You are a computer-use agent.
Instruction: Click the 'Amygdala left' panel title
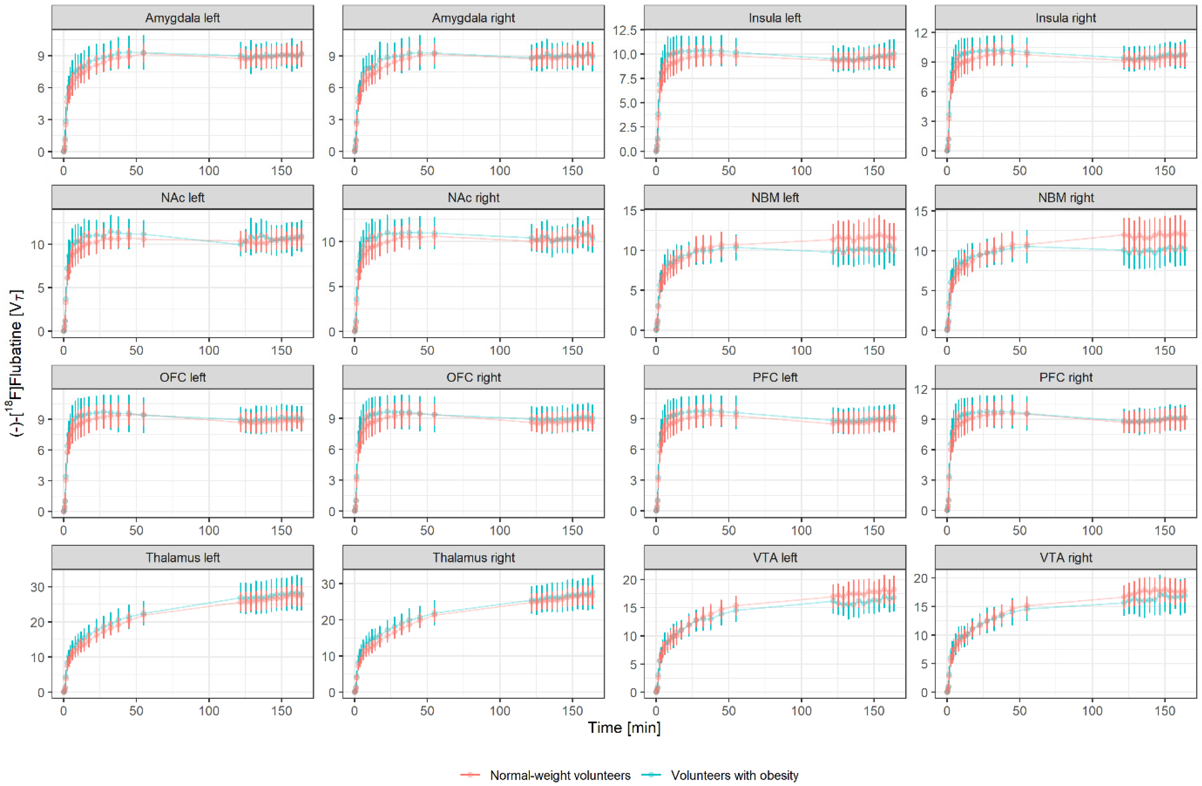(x=182, y=18)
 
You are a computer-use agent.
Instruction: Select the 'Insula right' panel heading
(x=1066, y=18)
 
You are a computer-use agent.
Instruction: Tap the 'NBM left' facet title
(x=775, y=197)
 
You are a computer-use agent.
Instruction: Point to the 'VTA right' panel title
(x=1066, y=558)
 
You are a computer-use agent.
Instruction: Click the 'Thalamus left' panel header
(x=182, y=558)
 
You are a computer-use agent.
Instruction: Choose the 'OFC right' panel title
(x=473, y=377)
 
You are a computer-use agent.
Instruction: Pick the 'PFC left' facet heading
(x=775, y=377)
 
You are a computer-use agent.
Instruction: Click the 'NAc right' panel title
(x=473, y=197)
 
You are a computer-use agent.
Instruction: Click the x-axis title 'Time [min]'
(x=624, y=728)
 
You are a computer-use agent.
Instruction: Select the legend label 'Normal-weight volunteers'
(x=560, y=775)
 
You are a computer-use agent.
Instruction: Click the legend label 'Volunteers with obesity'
(x=734, y=775)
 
